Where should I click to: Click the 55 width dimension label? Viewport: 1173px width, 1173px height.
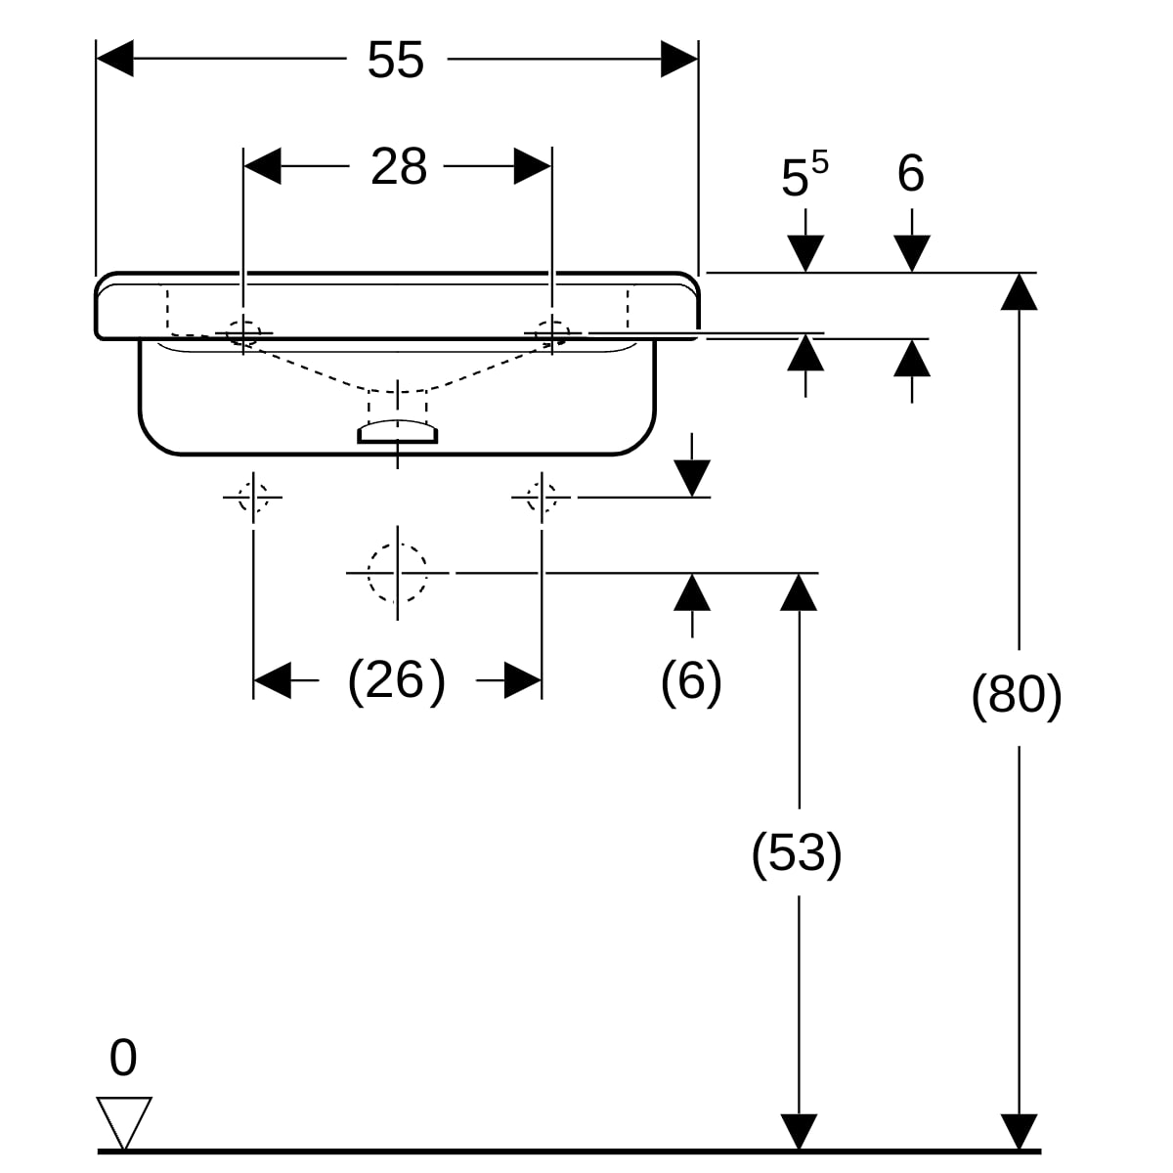396,60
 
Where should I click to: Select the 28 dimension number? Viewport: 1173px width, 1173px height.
399,166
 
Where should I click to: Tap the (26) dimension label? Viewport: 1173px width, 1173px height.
397,680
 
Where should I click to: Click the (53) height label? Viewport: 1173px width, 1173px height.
797,852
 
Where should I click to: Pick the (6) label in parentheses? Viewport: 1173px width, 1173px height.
691,680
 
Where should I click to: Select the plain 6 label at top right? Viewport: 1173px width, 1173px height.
911,173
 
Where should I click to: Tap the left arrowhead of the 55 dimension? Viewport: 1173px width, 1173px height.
114,59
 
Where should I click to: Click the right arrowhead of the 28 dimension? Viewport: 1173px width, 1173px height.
533,165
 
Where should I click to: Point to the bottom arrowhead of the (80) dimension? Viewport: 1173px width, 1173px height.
1019,1132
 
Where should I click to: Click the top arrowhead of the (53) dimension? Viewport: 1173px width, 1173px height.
799,591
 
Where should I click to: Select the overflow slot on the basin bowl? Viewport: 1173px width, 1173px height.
397,432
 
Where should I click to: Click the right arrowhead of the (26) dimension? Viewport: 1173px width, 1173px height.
523,680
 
